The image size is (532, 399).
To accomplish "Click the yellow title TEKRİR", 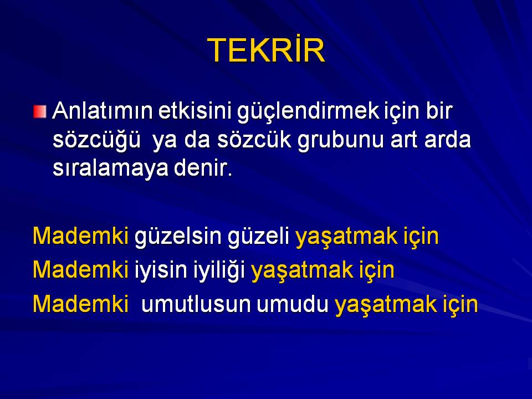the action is coord(266,50).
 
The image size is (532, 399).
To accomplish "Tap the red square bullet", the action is coord(40,111).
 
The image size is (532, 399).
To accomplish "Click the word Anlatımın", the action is coord(103,111).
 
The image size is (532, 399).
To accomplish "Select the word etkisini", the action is coord(195,111).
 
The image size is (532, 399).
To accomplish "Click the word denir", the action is coord(203,167).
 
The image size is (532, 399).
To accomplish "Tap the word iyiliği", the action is coord(219,271).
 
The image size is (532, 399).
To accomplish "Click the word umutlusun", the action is coord(196,304).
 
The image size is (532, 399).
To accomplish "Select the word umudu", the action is coord(293,304).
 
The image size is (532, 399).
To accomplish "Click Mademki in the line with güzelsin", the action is coord(80,236).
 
